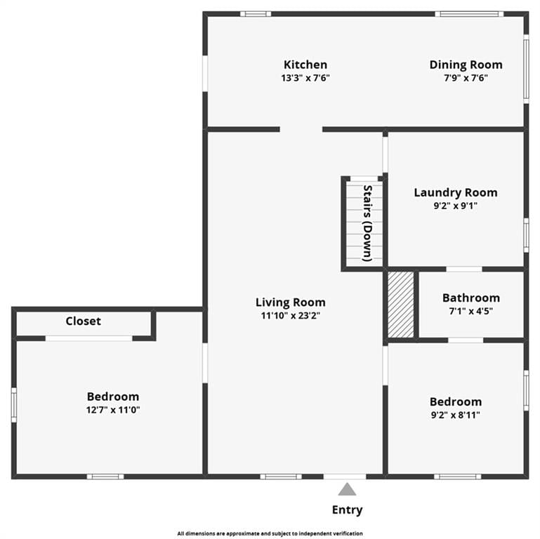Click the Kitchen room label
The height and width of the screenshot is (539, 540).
click(305, 65)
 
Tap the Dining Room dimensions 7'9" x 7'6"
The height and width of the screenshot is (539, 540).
click(466, 78)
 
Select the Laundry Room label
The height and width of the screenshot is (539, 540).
click(456, 192)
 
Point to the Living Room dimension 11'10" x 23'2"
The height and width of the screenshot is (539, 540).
click(290, 315)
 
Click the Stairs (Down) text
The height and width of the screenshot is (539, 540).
click(368, 223)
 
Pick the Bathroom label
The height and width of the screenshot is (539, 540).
click(470, 298)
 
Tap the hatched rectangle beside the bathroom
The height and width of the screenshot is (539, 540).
click(400, 305)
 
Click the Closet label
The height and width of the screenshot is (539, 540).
click(84, 321)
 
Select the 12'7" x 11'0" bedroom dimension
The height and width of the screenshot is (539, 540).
click(113, 410)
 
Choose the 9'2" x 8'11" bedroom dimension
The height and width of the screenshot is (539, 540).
click(455, 415)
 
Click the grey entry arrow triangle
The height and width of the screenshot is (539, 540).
click(347, 489)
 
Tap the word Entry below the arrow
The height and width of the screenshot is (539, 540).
click(347, 510)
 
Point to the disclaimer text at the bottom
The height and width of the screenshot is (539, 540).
click(270, 533)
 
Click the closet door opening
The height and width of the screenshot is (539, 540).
click(89, 339)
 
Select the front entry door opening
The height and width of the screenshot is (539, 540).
click(344, 477)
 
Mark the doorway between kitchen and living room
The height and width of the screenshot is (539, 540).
click(301, 129)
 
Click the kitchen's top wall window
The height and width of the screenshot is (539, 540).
click(256, 14)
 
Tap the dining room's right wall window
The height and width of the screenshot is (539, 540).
click(526, 69)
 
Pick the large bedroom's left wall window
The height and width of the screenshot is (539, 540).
click(14, 405)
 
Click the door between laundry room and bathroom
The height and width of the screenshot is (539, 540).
click(464, 269)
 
